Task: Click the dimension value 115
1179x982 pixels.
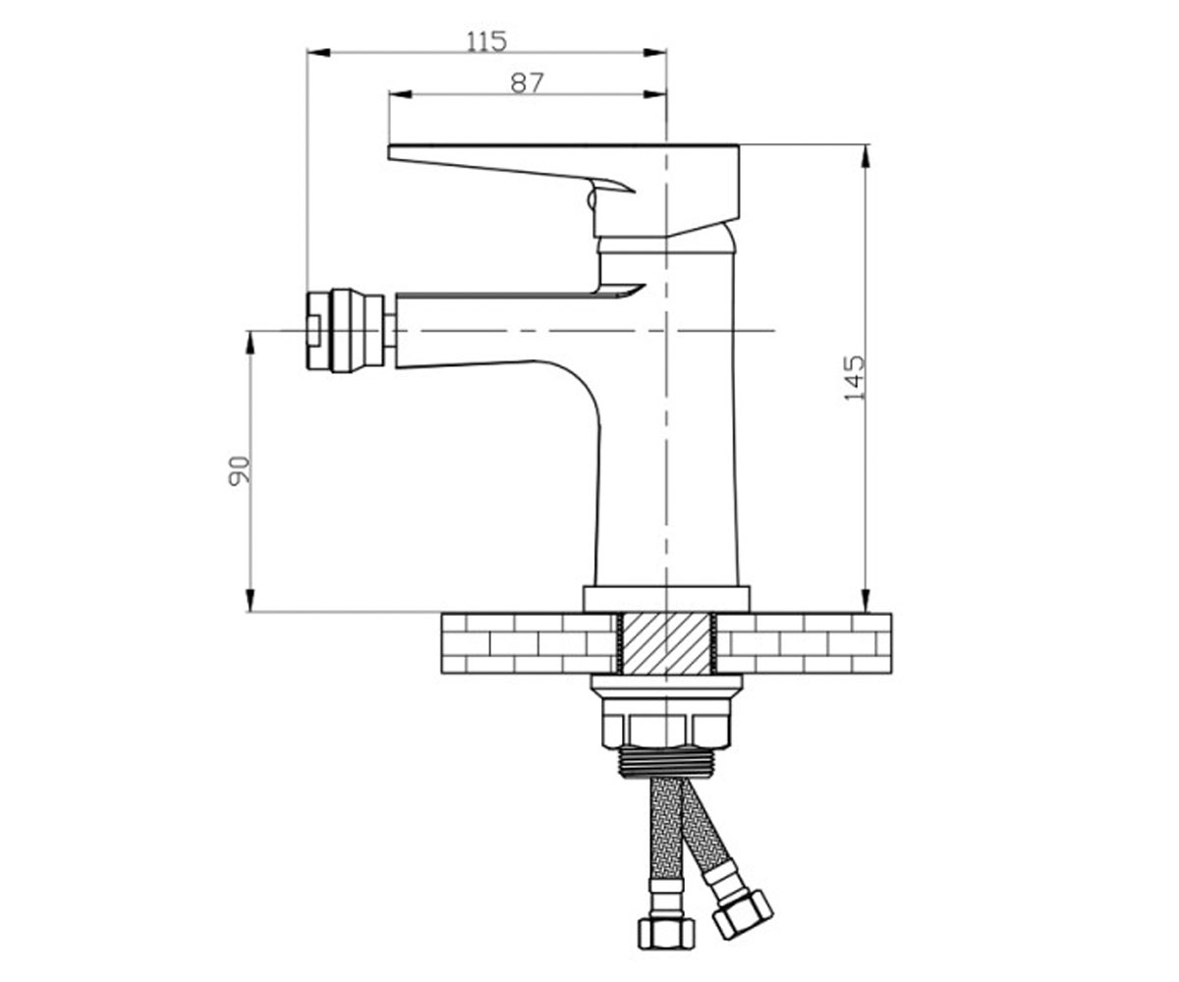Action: [x=486, y=41]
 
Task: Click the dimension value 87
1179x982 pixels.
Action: [x=528, y=82]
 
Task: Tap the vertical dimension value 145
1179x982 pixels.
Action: [x=855, y=378]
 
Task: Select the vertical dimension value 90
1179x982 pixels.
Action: [x=239, y=471]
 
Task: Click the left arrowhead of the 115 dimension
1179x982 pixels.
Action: [x=319, y=52]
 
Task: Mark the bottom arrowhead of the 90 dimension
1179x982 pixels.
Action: [x=250, y=600]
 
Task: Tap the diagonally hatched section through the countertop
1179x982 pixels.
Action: [x=666, y=643]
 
